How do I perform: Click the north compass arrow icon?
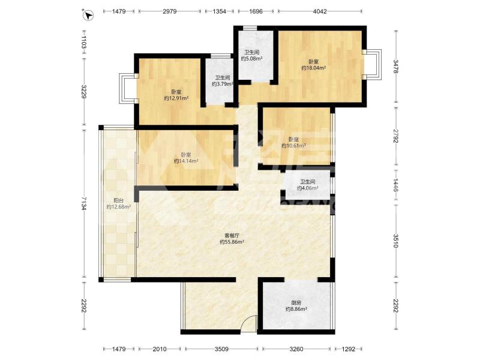coord(88,15)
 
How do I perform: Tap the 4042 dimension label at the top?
coord(320,11)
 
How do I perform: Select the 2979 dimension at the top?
coord(170,11)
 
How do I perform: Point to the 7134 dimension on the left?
coord(84,203)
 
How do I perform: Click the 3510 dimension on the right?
coord(396,241)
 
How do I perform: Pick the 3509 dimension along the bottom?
coord(221,349)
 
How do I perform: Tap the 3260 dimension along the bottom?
coord(296,349)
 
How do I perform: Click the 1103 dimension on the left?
coord(84,43)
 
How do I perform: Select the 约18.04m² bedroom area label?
coord(313,68)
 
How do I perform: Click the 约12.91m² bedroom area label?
coord(176,98)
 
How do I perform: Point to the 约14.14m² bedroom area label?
coord(186,161)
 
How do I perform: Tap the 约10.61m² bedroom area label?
coord(293,146)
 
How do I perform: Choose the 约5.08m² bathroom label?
coord(251,58)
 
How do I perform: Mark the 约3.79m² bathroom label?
coord(223,84)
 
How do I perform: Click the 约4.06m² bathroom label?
coord(307,188)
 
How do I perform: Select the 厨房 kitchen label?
coord(296,303)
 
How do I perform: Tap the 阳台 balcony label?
coord(118,200)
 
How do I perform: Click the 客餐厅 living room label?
coord(232,235)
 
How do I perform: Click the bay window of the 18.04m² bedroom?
coord(373,65)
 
